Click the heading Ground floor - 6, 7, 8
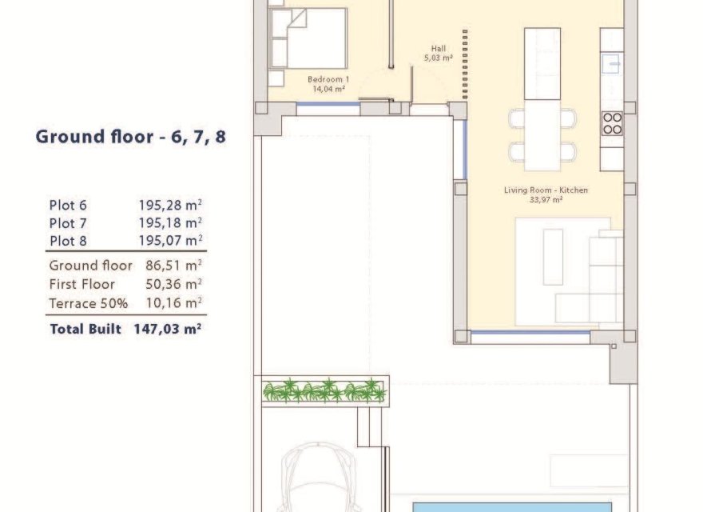pyautogui.click(x=130, y=137)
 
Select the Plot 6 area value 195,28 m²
pyautogui.click(x=170, y=204)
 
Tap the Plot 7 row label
pyautogui.click(x=68, y=222)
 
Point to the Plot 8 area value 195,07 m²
pyautogui.click(x=170, y=239)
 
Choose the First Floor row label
pyautogui.click(x=81, y=284)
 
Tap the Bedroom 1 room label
pyautogui.click(x=328, y=79)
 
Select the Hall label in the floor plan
pyautogui.click(x=438, y=49)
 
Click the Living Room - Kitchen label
pyautogui.click(x=546, y=190)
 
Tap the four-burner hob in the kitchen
pyautogui.click(x=612, y=123)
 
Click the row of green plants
pyautogui.click(x=324, y=391)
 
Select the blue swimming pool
pyautogui.click(x=511, y=507)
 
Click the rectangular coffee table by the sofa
pyautogui.click(x=553, y=256)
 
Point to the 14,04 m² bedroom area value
pyautogui.click(x=328, y=89)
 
